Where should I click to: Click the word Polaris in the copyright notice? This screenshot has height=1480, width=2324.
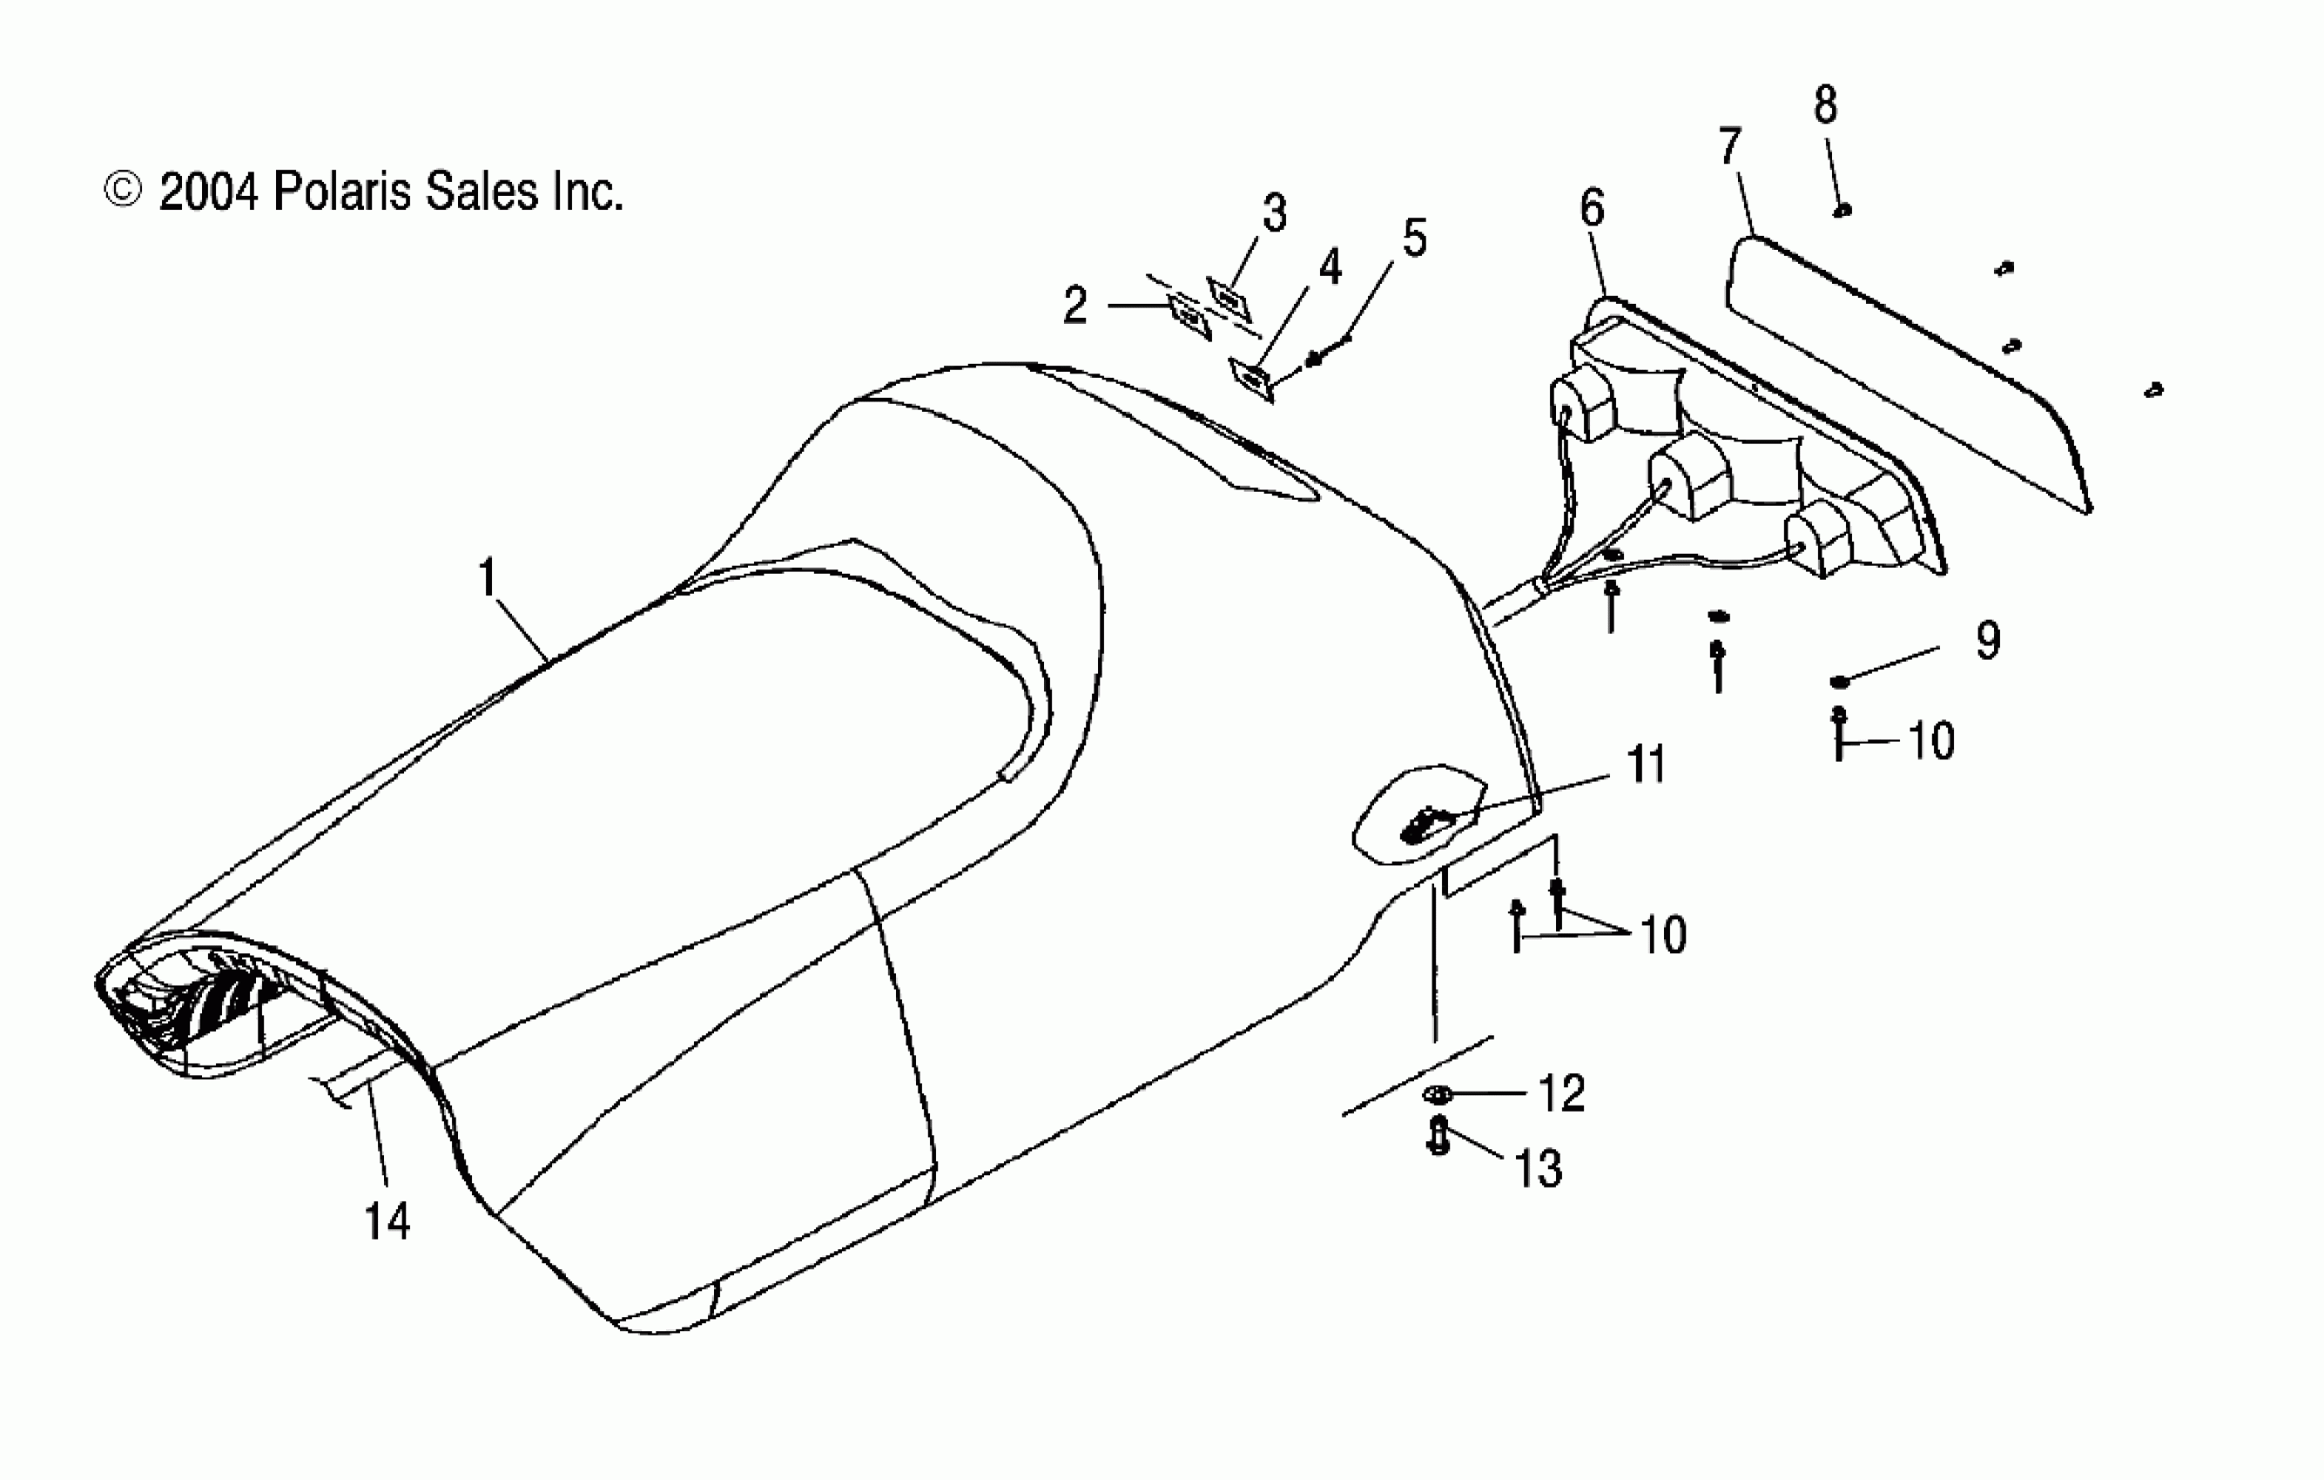(341, 192)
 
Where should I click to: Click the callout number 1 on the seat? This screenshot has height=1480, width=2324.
(488, 578)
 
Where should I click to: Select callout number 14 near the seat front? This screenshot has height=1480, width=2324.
(387, 1221)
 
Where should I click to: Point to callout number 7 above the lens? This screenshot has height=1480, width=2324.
(1729, 145)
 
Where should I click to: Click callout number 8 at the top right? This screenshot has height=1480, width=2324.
(1825, 105)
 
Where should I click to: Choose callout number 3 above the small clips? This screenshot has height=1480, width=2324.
(1275, 212)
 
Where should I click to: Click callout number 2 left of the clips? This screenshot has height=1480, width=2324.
(1075, 305)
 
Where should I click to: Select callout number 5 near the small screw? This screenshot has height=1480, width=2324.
(1415, 238)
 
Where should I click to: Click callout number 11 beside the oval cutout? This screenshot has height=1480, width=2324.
(1647, 764)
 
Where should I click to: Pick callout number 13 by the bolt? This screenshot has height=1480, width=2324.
(1539, 1168)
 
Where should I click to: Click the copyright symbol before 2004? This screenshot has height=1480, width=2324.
(123, 190)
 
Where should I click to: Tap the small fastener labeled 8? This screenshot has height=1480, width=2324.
(1842, 211)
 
